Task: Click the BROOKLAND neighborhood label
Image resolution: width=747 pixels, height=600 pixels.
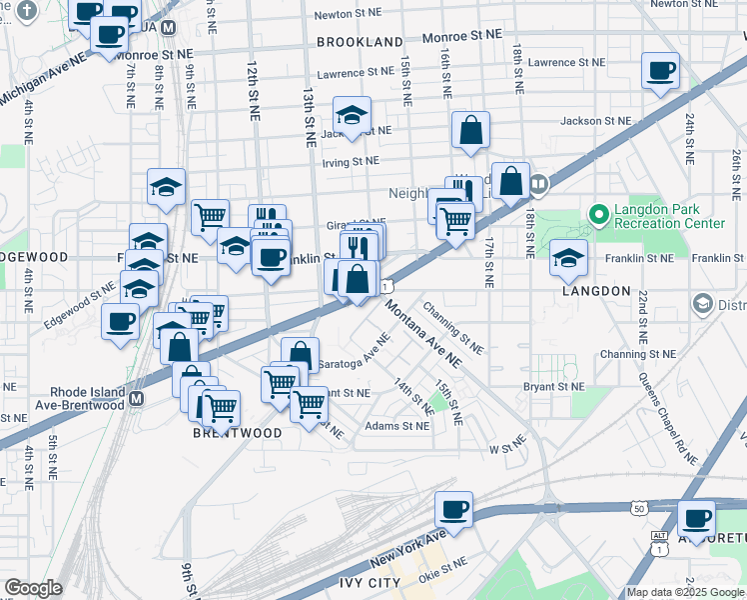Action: [360, 42]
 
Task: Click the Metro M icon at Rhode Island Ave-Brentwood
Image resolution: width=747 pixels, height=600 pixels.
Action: [137, 398]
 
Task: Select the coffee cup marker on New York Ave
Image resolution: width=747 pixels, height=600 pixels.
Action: [453, 509]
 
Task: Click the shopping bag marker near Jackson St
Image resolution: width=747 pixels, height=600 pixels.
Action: [470, 130]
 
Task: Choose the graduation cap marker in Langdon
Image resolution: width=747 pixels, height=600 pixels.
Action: [568, 256]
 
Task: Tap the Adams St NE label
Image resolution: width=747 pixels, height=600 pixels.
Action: [397, 426]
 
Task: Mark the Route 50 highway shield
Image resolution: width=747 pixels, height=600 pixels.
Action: [639, 509]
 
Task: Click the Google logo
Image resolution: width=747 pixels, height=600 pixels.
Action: [33, 588]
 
